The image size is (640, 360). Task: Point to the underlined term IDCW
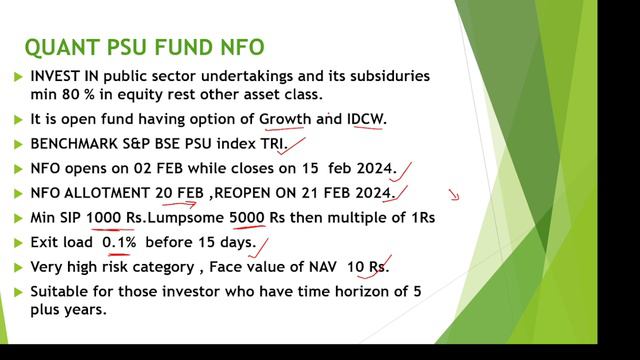[364, 119]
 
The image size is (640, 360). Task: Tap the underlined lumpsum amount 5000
[247, 217]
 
